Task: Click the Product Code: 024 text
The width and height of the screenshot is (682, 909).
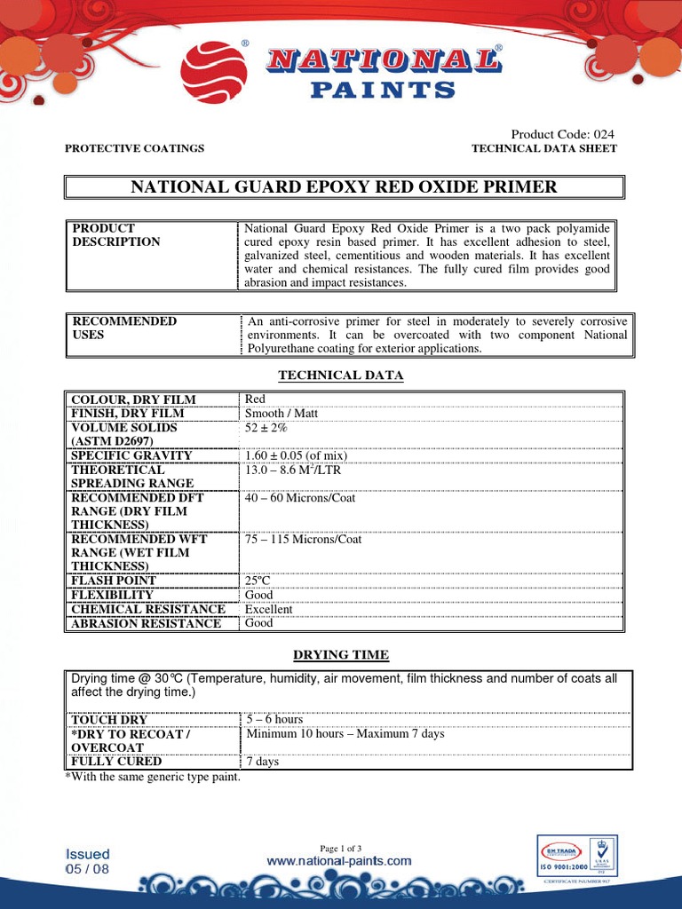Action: coord(562,134)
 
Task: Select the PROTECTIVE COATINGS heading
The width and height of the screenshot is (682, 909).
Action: coord(135,148)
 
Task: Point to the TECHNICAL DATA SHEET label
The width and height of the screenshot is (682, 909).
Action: coord(543,148)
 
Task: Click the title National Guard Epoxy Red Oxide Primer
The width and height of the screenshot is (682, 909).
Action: coord(345,187)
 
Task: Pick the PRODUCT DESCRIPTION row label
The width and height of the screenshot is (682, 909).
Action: coord(116,235)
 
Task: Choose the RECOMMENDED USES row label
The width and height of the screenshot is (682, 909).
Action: coord(124,328)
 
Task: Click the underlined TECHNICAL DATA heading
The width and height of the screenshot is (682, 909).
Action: coord(341,375)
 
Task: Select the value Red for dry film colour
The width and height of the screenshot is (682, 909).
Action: coord(255,399)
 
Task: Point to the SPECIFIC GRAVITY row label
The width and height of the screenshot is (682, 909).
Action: coord(131,455)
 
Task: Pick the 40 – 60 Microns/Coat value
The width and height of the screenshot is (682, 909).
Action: coord(300,498)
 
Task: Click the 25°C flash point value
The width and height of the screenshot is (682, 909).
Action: coord(258,581)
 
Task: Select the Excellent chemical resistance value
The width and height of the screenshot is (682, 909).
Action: coord(268,609)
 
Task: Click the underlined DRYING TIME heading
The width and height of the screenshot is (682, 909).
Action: coord(341,655)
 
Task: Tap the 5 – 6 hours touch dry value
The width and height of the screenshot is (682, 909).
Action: coord(274,719)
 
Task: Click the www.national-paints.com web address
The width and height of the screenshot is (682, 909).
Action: coord(339,861)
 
